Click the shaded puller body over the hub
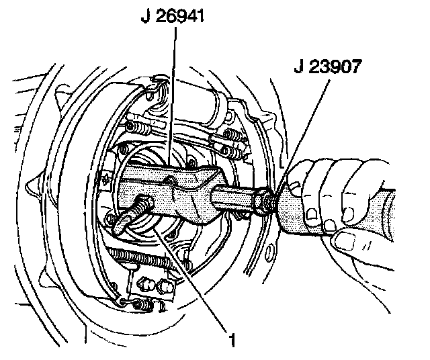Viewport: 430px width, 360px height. click(x=181, y=195)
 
